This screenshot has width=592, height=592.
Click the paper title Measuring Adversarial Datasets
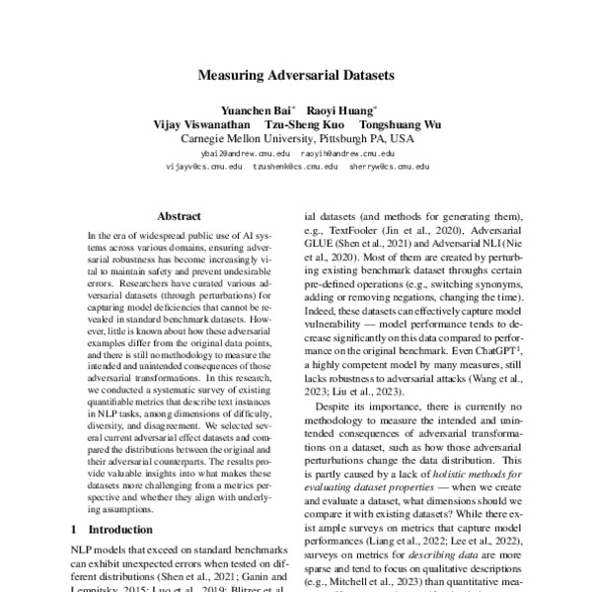[x=296, y=74]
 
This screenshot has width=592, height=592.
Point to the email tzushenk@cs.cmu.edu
[x=296, y=168]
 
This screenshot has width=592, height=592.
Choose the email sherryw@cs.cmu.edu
[x=390, y=168]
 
